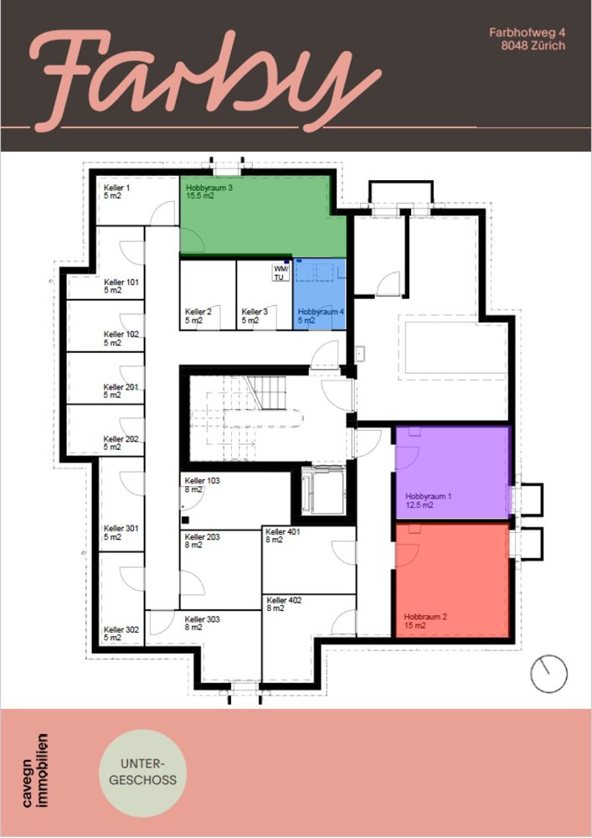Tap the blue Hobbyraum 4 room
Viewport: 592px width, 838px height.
click(x=320, y=294)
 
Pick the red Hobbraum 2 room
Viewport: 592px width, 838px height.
click(x=452, y=580)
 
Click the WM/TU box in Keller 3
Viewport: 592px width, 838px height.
click(x=281, y=272)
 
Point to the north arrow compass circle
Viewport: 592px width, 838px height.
click(x=548, y=674)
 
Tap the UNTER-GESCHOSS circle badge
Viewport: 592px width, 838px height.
click(x=142, y=773)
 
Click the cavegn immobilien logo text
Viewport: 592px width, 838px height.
click(x=35, y=769)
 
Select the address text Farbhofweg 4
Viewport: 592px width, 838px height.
click(x=527, y=33)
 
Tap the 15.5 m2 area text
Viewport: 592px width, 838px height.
click(x=200, y=196)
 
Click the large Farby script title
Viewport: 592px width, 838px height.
click(x=205, y=80)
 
